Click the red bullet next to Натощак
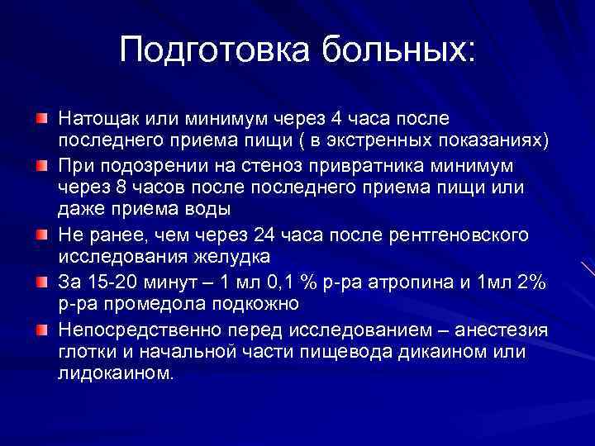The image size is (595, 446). [41, 120]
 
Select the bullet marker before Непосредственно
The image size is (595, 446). [41, 330]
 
